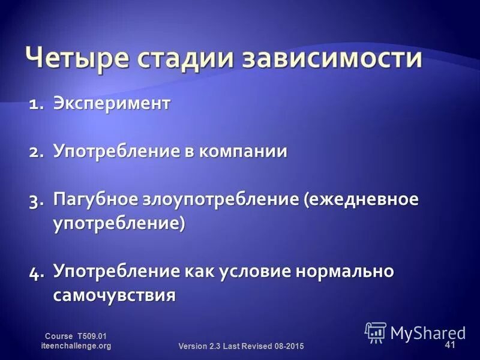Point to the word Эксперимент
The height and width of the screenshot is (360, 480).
coord(112,104)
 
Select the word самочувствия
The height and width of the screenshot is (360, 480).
coord(114,295)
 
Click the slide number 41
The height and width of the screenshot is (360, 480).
coord(450,344)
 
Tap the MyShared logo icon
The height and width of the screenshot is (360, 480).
coord(376,332)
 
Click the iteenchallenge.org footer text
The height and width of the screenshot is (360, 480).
coord(76,346)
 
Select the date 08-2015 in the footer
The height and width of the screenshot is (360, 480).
coord(287,347)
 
